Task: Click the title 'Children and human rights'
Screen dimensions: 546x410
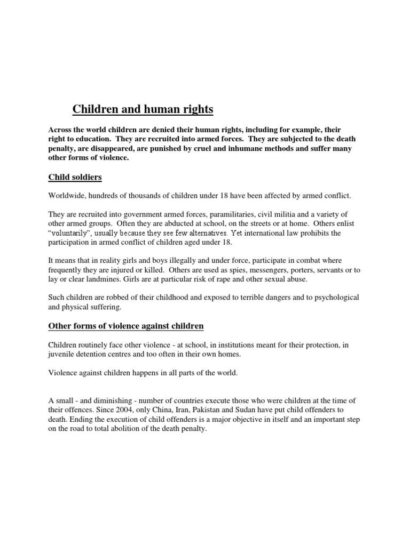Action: [x=143, y=109]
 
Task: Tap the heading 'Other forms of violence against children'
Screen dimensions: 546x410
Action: [x=126, y=325]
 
